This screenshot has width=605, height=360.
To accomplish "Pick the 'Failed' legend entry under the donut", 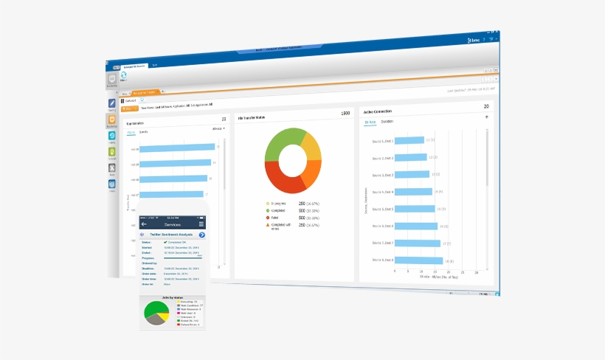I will [277, 218].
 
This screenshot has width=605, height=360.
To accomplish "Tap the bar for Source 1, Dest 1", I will [409, 140].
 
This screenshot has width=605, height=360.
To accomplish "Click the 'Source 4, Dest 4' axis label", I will [383, 192].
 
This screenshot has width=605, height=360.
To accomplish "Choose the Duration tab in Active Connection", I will [387, 120].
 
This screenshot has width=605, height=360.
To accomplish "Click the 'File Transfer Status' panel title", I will [252, 117].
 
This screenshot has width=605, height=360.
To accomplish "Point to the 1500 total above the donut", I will [345, 114].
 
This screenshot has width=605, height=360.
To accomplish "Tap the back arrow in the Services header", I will [144, 224].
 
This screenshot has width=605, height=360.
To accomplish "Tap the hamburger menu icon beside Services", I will [201, 224].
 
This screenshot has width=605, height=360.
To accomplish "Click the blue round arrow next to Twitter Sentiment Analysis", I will [201, 235].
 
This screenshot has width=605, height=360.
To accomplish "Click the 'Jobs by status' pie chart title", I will [171, 297].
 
